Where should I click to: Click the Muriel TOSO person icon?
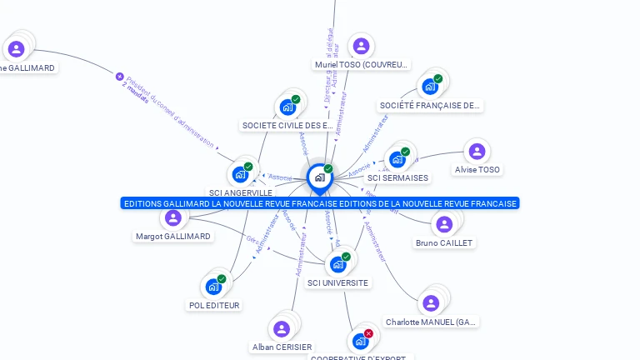point(361,46)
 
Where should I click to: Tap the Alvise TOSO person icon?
point(477,152)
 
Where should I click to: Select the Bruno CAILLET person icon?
point(444,224)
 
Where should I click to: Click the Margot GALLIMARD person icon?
point(173,218)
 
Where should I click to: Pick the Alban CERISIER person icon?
point(282,328)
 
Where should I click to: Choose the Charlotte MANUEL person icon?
point(431,303)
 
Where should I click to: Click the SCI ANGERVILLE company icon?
point(240,174)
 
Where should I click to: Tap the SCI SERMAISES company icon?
point(397,159)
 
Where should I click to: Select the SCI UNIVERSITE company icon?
point(337,264)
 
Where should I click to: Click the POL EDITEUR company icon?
point(213,287)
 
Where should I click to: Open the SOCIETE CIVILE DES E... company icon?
point(287,107)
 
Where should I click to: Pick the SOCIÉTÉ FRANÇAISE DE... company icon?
point(430,86)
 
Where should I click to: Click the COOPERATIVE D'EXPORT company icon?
point(360,341)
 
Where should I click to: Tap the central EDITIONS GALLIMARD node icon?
point(319,177)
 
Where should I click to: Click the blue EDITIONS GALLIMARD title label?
point(320,203)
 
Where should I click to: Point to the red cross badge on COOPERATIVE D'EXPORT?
point(368,333)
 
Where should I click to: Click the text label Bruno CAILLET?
point(444,243)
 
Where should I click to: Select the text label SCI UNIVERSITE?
point(337,283)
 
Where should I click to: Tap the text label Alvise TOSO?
point(477,170)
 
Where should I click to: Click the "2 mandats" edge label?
point(136,92)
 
